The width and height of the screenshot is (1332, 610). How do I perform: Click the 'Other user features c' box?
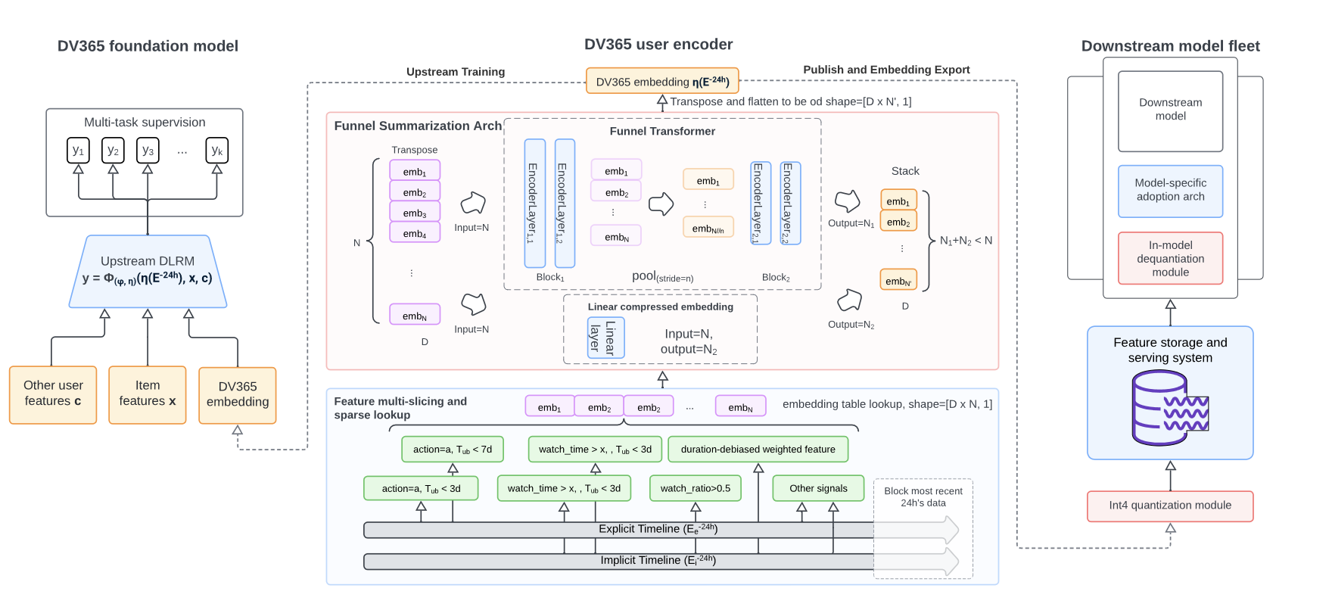coord(53,394)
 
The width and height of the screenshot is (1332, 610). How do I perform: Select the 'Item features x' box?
coord(148,394)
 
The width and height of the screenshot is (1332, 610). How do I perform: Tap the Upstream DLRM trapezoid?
coord(148,271)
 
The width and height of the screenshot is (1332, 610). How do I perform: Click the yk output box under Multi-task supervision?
coord(217,151)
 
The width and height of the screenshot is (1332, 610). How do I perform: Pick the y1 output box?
coord(78,151)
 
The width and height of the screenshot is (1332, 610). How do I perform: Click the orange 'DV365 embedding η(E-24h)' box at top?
coord(662,81)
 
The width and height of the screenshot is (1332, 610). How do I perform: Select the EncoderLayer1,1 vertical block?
coord(534,203)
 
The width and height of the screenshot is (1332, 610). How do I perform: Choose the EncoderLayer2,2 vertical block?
coord(790,203)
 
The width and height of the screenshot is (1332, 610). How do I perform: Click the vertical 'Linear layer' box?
coord(605,338)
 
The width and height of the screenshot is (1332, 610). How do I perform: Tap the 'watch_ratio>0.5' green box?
coord(695,488)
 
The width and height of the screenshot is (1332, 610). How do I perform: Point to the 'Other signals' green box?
coord(818,488)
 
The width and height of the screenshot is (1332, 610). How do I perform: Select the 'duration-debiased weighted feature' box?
coord(758,449)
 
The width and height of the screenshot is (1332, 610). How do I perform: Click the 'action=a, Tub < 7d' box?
coord(452,449)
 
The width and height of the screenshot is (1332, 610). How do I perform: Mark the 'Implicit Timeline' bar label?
coord(658,561)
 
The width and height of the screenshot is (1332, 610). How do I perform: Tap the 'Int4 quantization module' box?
coord(1170,506)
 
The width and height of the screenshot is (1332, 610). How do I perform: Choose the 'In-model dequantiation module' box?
coord(1170,258)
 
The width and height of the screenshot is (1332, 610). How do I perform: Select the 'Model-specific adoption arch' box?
coord(1170,191)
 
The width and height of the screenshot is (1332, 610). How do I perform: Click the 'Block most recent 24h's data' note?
coord(923,496)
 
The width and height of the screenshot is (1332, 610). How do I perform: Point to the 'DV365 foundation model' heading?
coord(148,46)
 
